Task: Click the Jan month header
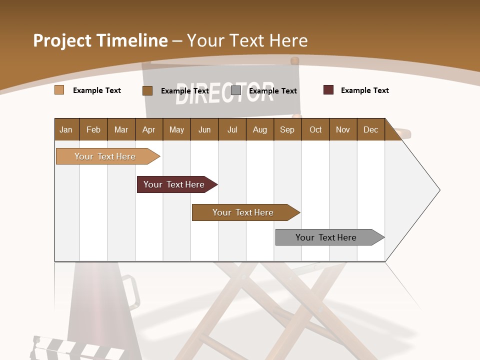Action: click(66, 129)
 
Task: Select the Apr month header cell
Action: click(149, 129)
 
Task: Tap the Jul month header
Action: click(232, 129)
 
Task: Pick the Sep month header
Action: click(287, 129)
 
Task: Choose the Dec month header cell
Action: click(370, 129)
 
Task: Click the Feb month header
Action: click(93, 129)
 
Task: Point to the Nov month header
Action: click(343, 129)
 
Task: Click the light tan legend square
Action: click(59, 90)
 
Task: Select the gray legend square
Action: click(236, 90)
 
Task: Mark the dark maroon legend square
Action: click(328, 90)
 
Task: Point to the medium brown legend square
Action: click(147, 90)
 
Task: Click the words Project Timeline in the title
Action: click(100, 40)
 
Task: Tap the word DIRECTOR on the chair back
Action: click(225, 93)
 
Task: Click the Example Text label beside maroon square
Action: click(364, 90)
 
